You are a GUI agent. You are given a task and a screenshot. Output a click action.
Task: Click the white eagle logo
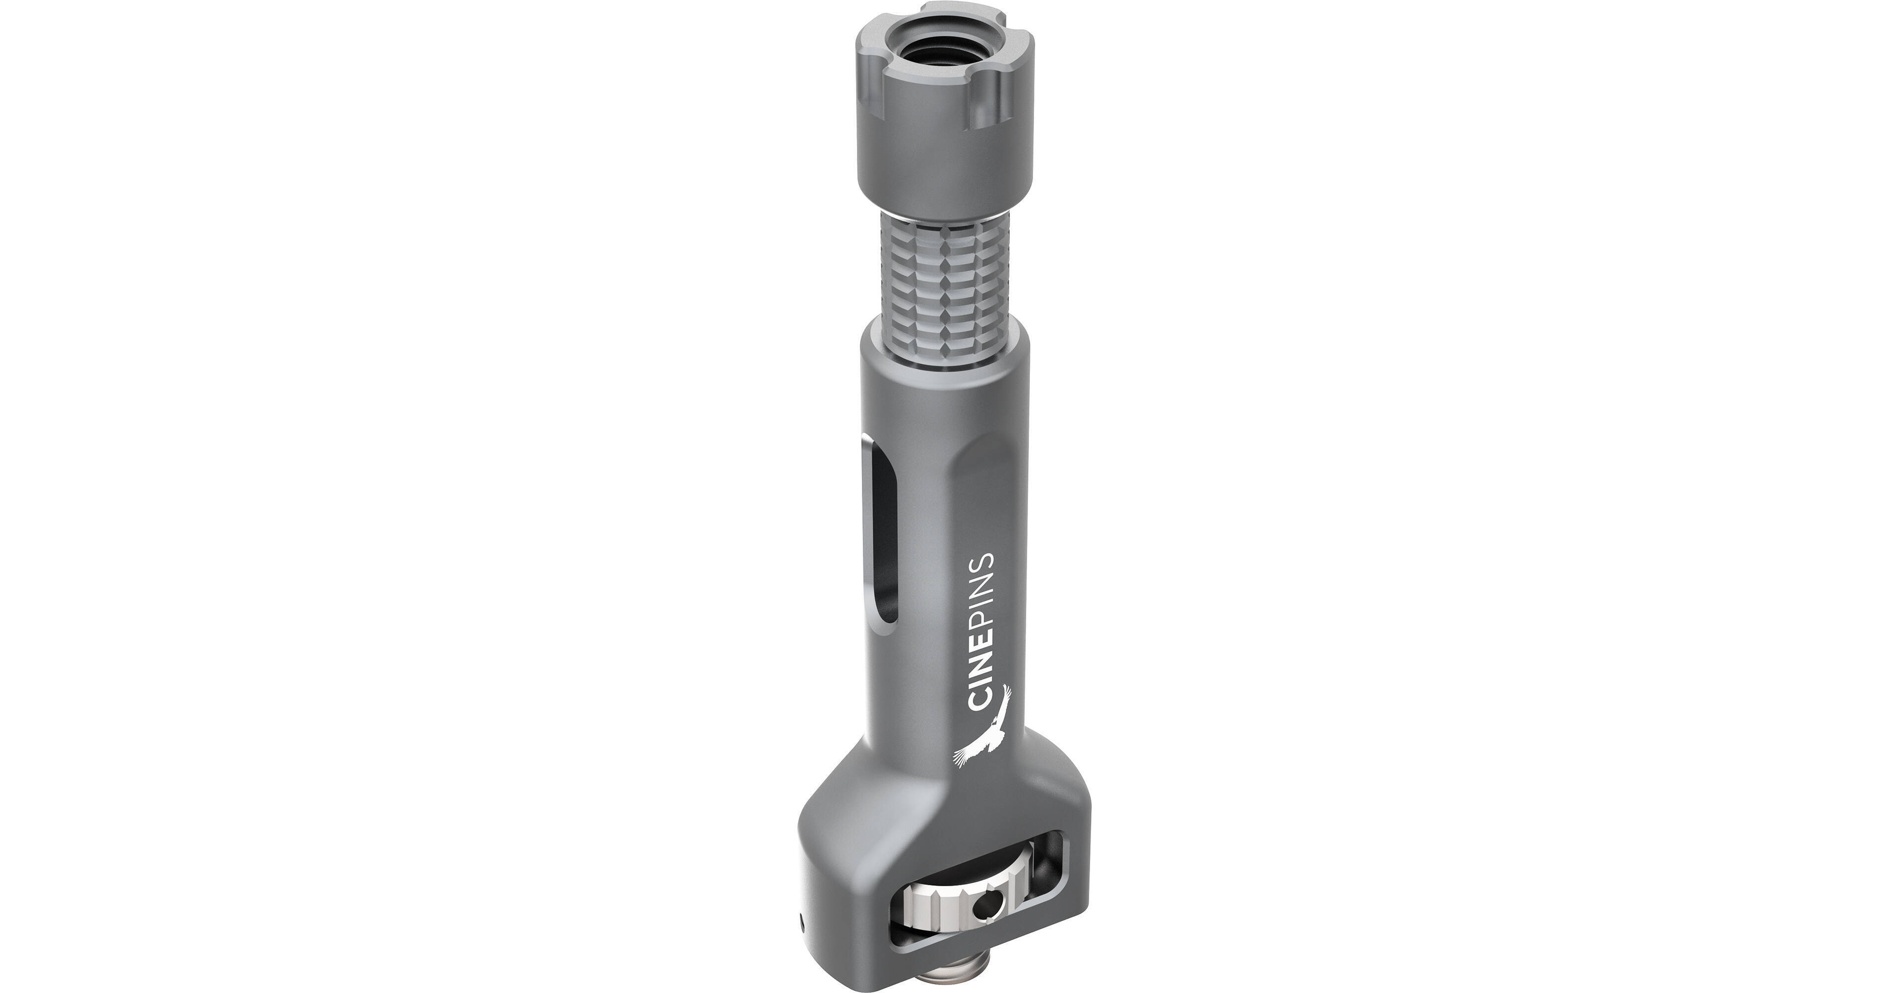pyautogui.click(x=980, y=733)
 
